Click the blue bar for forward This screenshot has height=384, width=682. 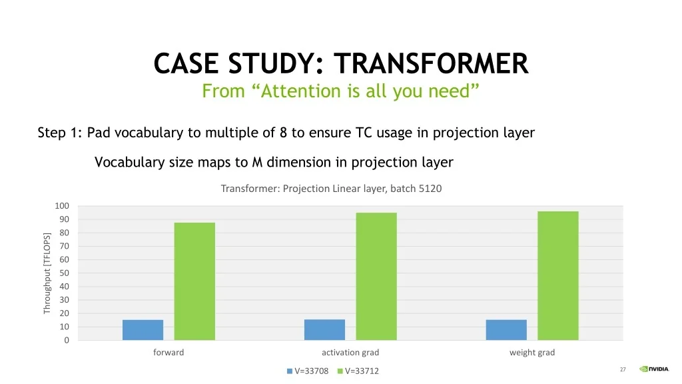coord(143,330)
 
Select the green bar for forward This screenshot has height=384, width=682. coord(194,281)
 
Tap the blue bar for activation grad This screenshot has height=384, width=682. coord(324,329)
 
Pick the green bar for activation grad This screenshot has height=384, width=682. coord(376,277)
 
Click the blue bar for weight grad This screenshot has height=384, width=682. coord(506,330)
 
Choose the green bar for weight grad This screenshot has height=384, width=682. coord(558,275)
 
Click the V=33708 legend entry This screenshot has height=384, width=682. coord(308,371)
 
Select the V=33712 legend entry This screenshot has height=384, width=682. coord(358,371)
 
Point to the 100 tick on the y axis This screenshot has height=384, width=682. coord(62,206)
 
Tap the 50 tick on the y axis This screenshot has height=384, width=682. coord(64,273)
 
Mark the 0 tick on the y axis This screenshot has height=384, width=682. coord(67,341)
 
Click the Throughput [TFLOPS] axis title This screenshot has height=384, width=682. coord(47,273)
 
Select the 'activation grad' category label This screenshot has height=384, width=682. coord(350,352)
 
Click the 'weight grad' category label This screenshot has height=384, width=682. coord(532,352)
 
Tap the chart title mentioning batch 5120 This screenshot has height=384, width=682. coord(331,189)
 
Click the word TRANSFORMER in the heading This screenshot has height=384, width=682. coord(431,63)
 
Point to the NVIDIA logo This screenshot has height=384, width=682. coord(654,369)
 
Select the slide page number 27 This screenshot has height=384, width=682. coord(623,369)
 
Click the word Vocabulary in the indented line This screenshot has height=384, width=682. coord(130,163)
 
